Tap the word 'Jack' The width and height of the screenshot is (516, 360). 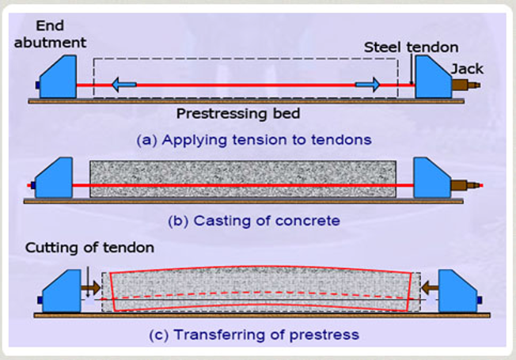466,69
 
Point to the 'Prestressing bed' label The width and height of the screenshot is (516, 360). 238,113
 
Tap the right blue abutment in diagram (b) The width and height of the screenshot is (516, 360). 431,180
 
